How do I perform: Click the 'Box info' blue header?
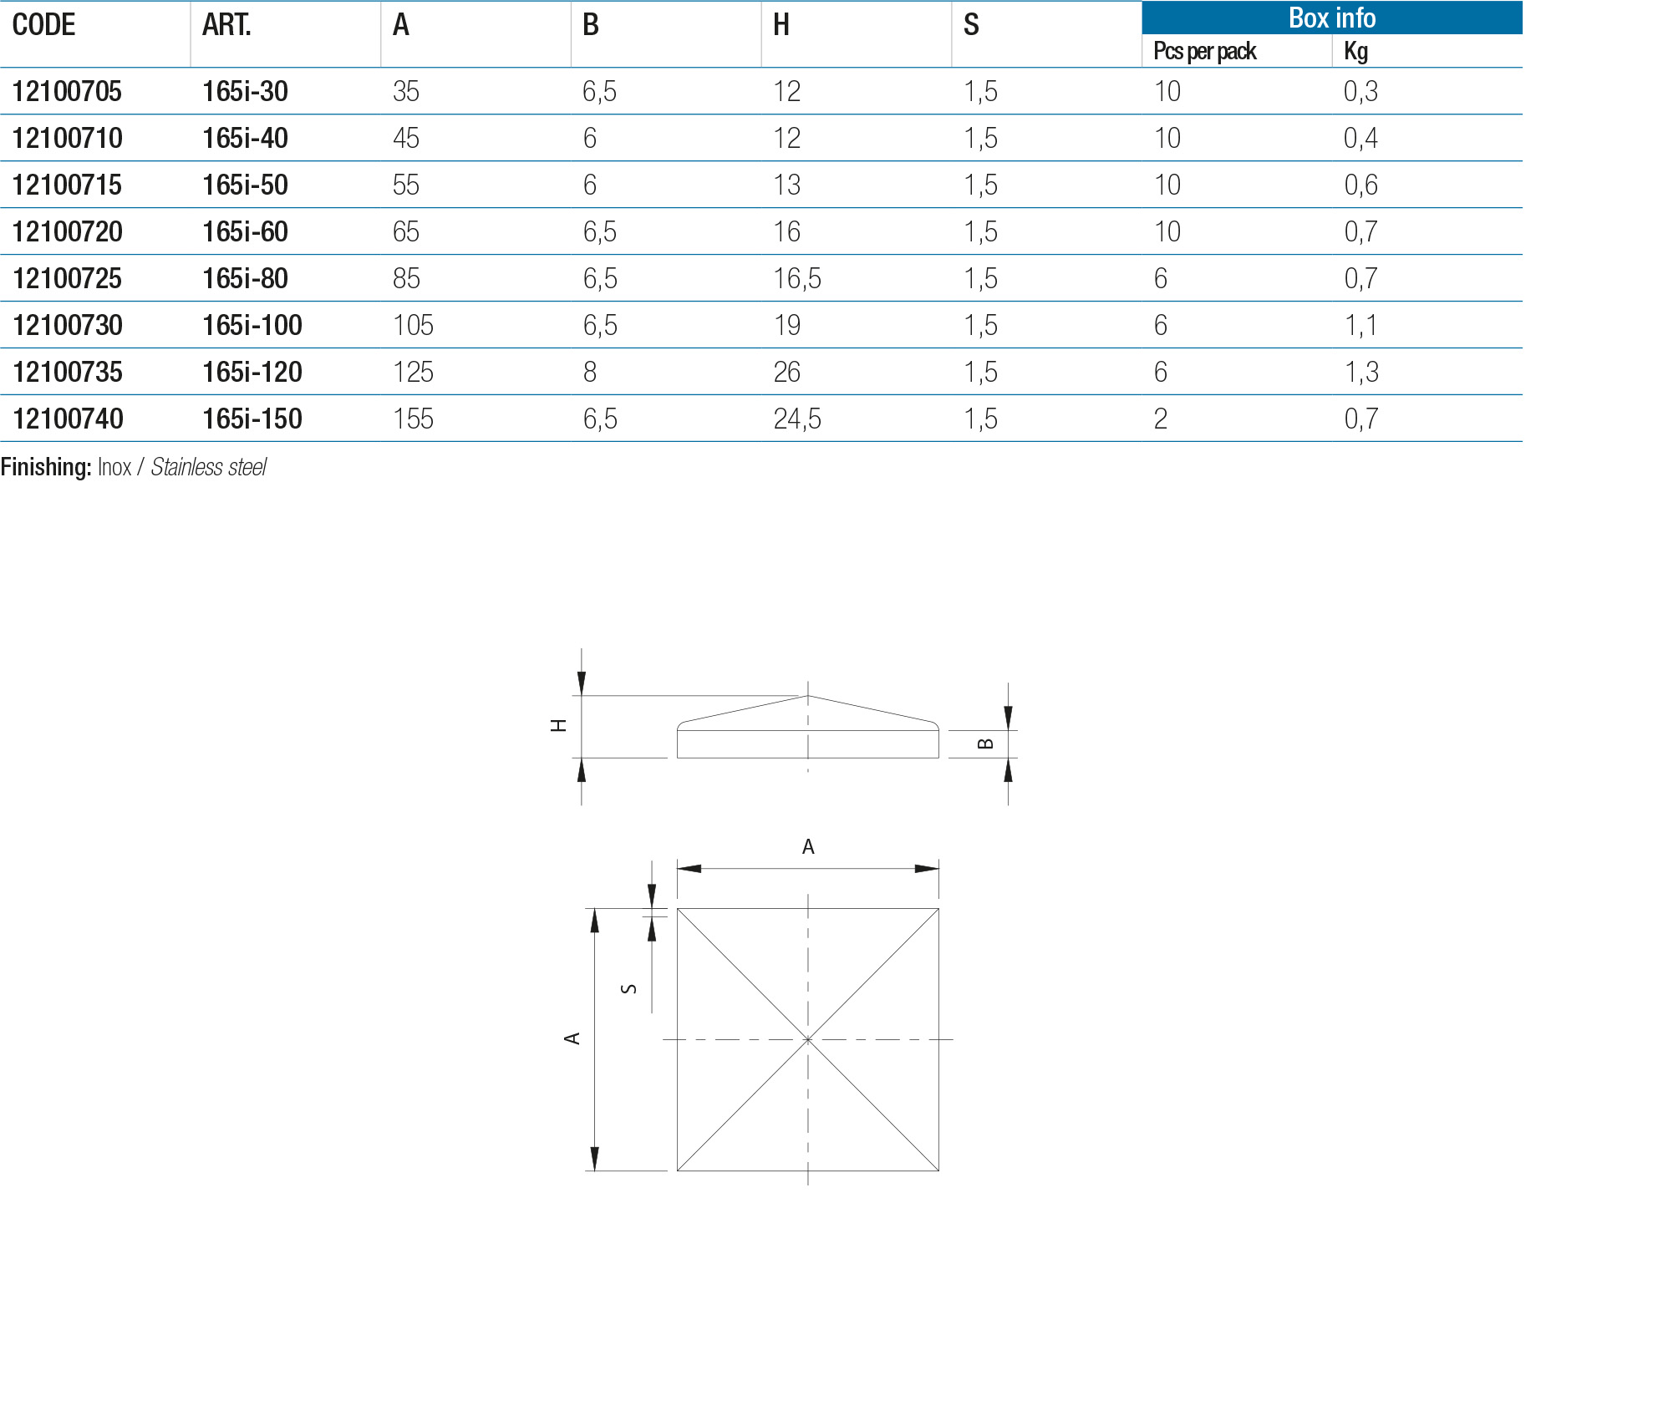(1331, 18)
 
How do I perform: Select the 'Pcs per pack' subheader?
(1204, 52)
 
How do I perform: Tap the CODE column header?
(43, 25)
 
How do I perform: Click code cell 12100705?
(67, 91)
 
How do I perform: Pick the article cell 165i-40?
(245, 138)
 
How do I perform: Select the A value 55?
(405, 185)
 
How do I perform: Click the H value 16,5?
(796, 278)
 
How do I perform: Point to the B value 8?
(590, 372)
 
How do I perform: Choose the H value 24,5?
(796, 419)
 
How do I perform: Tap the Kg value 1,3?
(1360, 372)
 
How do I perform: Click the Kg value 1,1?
(1360, 325)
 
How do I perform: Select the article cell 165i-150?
(252, 419)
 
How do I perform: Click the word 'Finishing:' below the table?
(45, 467)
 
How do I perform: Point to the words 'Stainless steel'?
(209, 467)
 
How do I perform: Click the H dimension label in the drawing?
(558, 725)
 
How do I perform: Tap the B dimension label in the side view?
(985, 744)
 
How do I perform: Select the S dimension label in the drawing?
(629, 988)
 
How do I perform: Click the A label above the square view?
(808, 847)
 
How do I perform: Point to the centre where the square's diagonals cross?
(808, 1039)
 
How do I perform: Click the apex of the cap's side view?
(808, 695)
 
